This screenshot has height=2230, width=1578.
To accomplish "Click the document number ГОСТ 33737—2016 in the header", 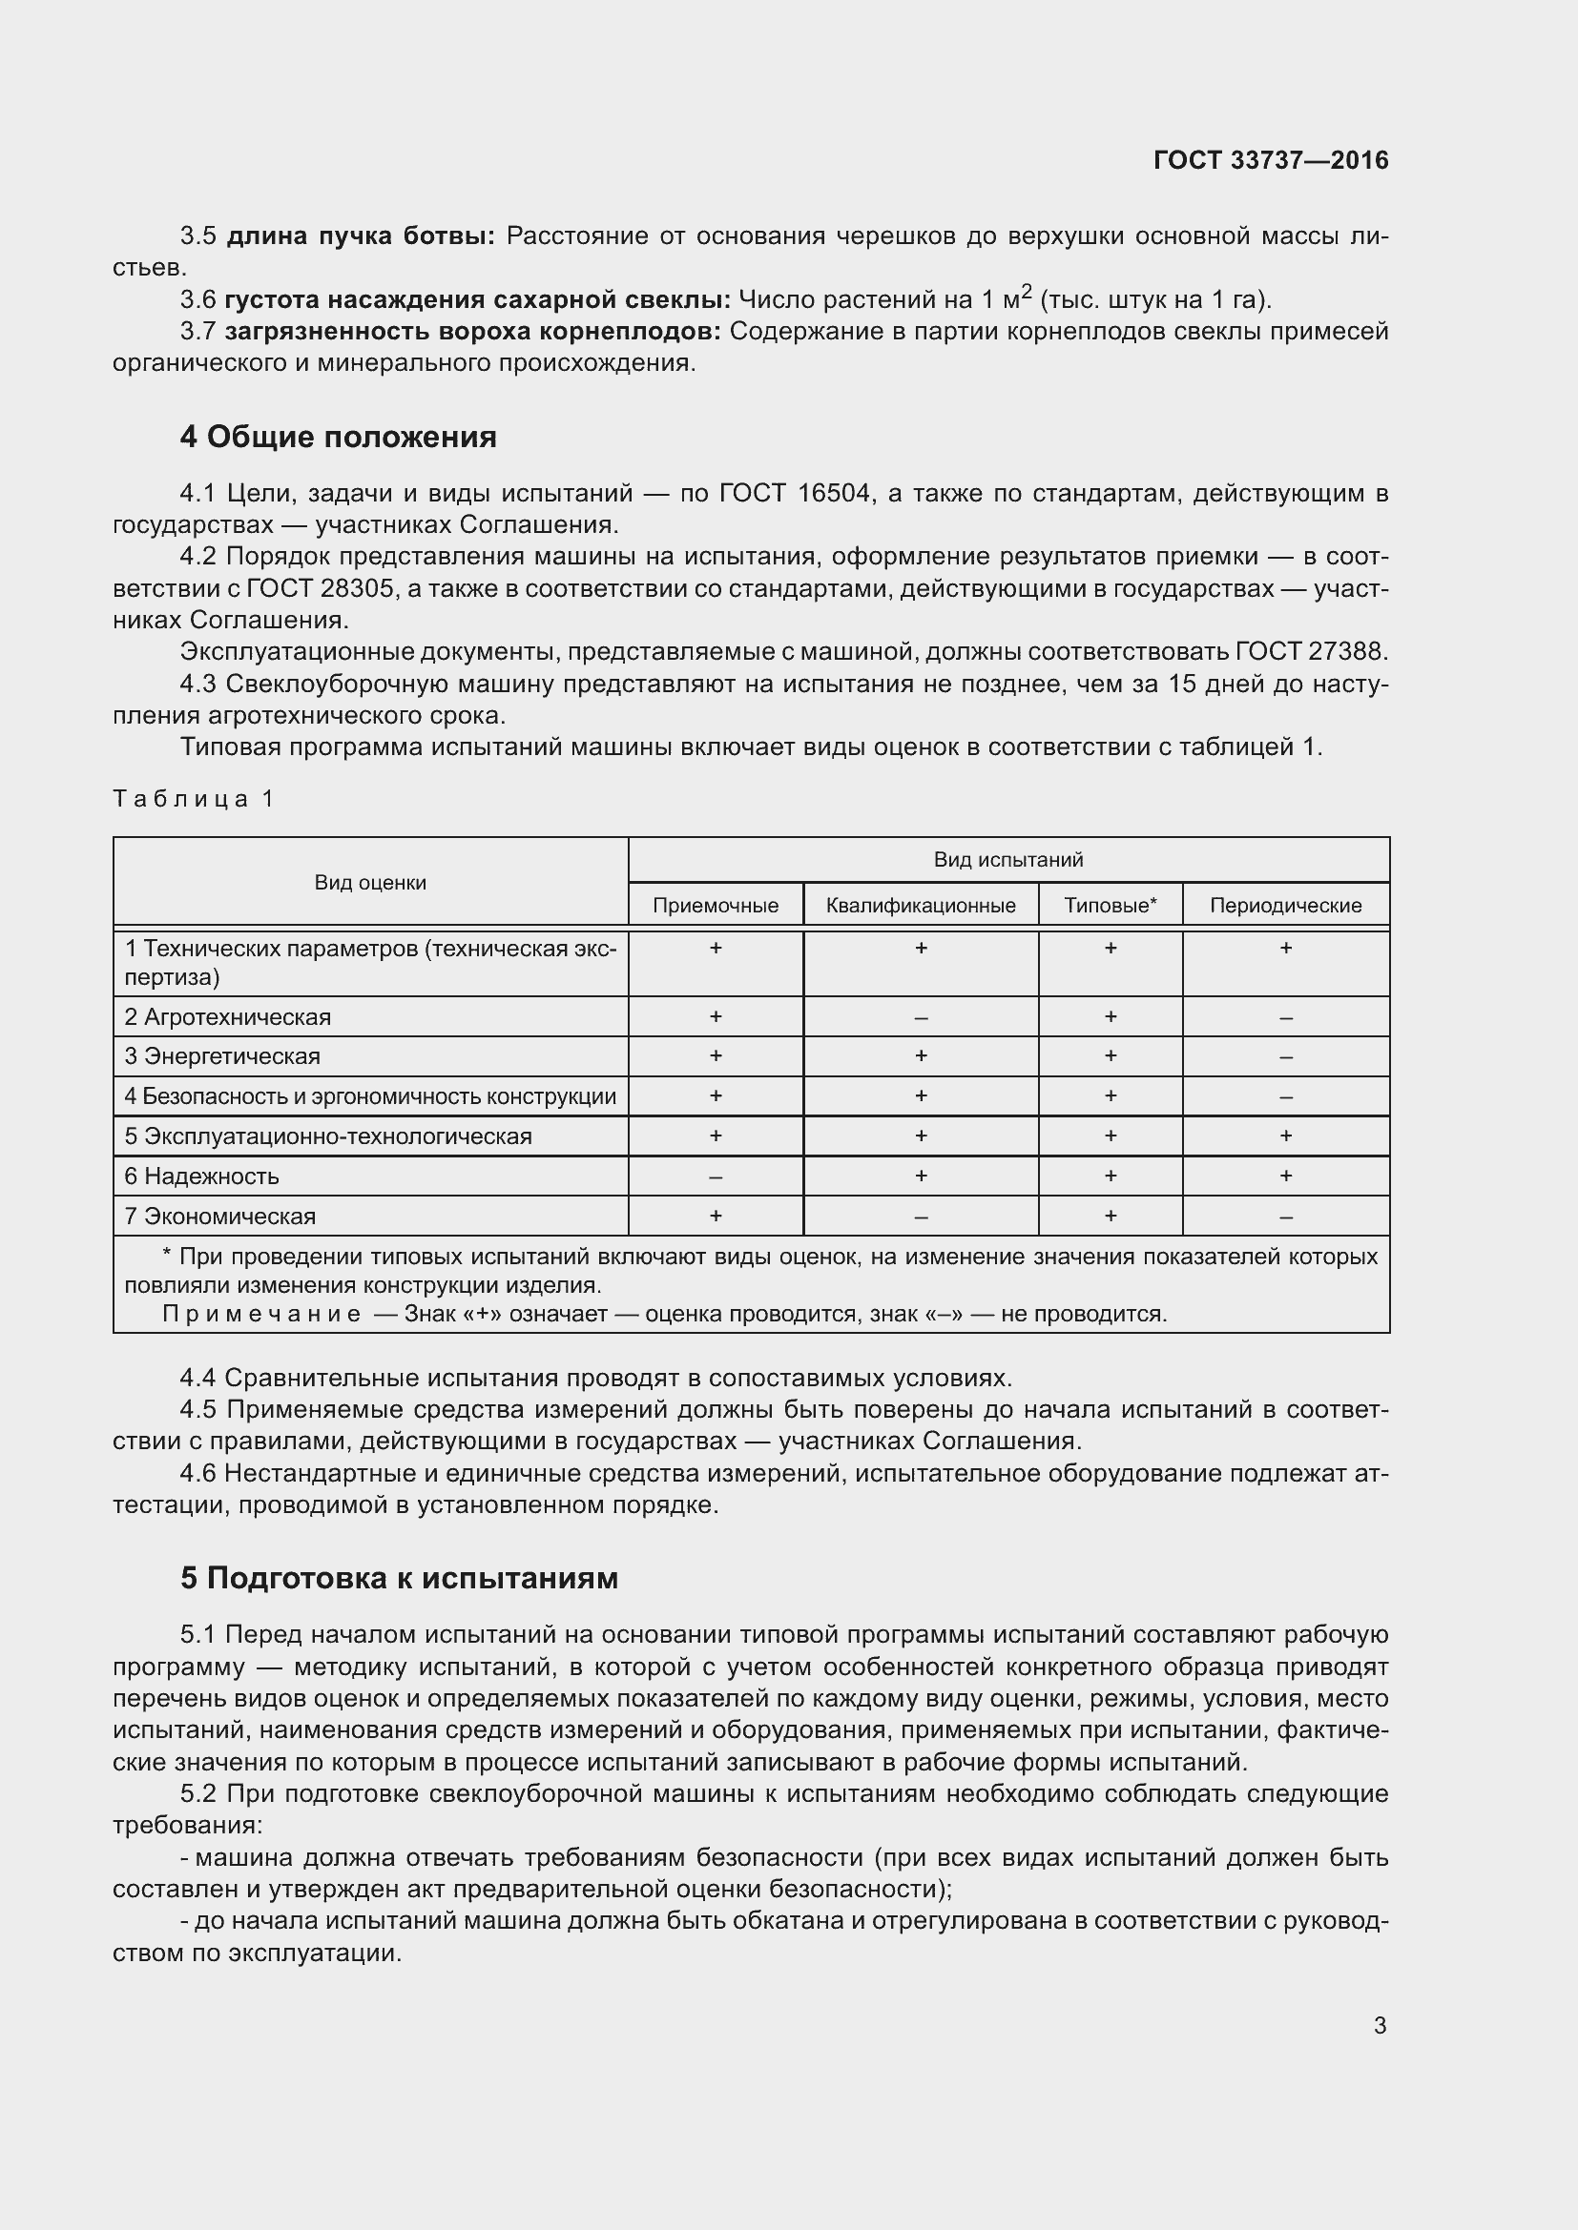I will click(x=1271, y=160).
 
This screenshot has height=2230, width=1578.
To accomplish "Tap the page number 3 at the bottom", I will click(x=1380, y=2025).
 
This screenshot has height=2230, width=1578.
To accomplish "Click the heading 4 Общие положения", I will click(x=337, y=437).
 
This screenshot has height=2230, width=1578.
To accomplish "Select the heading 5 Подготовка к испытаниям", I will click(x=399, y=1577).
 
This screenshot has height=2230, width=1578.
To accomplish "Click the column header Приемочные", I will click(x=716, y=905).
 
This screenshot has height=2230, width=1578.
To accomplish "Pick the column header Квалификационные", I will click(x=920, y=905).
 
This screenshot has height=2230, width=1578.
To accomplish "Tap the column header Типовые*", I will click(x=1110, y=905).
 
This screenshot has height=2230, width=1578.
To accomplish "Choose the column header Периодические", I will click(x=1284, y=905).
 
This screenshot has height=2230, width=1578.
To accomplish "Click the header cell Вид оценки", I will click(x=370, y=882).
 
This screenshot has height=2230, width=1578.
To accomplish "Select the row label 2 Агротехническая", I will click(x=227, y=1017).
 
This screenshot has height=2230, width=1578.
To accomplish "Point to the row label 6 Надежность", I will click(x=201, y=1176).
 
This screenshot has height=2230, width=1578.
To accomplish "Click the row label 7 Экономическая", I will click(x=219, y=1216).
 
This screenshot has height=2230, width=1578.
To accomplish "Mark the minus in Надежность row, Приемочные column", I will click(x=716, y=1177).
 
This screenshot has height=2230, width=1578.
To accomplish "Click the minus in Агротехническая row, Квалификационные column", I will click(x=920, y=1018).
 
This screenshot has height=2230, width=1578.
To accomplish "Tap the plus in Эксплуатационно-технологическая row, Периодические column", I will click(x=1284, y=1135).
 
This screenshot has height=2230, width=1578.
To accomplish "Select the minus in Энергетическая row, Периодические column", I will click(x=1284, y=1056).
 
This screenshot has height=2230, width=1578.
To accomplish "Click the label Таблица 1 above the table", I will click(x=194, y=798).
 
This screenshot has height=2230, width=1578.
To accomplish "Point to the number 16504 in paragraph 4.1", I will click(x=833, y=494).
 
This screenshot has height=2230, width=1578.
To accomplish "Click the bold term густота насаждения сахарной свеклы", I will click(x=476, y=299).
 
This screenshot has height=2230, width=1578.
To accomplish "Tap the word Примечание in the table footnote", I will click(x=260, y=1314).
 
